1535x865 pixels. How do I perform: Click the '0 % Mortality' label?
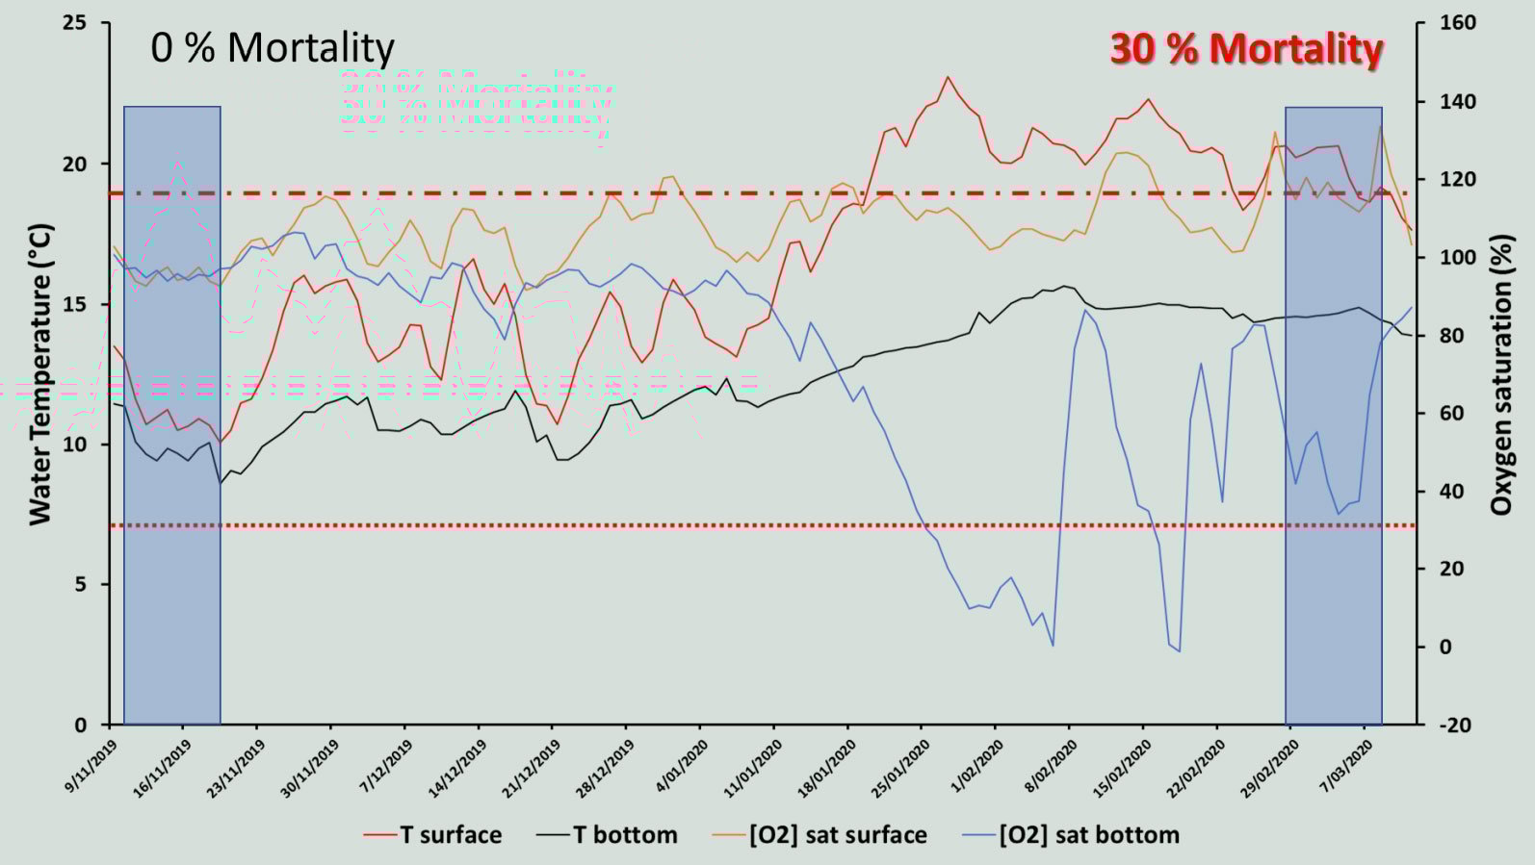(x=273, y=48)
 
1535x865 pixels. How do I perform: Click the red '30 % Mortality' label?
(x=1246, y=49)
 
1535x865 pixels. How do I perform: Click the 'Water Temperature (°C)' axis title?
(x=39, y=374)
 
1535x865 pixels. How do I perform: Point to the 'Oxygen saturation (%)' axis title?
(x=1500, y=374)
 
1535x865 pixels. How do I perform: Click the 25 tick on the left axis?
(x=74, y=23)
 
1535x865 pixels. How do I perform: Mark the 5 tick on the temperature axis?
(x=80, y=585)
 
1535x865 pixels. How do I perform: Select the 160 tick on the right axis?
(x=1458, y=23)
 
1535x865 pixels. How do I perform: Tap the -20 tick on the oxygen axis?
(x=1454, y=725)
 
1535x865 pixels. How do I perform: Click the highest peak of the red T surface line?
(x=948, y=77)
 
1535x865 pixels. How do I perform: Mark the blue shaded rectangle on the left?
(x=172, y=415)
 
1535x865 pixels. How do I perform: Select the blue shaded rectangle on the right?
(x=1334, y=415)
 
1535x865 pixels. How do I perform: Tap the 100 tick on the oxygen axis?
(x=1458, y=258)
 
